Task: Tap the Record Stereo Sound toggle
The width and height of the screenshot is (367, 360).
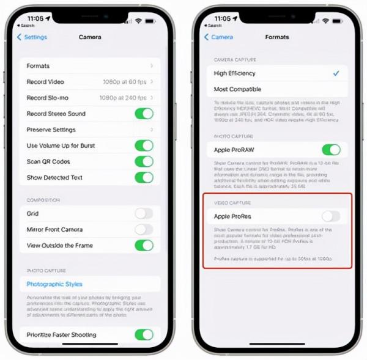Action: point(144,114)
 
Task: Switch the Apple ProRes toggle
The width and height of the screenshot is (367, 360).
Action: point(331,216)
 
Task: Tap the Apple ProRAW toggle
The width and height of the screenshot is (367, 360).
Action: point(331,150)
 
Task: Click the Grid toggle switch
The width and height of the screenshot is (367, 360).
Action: point(144,213)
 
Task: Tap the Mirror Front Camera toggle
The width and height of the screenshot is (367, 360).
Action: point(144,229)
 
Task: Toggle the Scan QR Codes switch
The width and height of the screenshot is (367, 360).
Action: point(144,161)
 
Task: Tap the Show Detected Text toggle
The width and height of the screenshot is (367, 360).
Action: point(144,178)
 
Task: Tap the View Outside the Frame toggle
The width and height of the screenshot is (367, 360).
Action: point(144,245)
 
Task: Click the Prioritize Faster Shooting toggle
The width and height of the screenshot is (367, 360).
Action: point(144,334)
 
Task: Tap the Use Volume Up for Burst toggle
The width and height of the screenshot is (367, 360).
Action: point(144,145)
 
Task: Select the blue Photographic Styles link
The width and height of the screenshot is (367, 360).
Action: point(54,284)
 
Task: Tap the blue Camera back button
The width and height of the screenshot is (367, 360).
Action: point(218,37)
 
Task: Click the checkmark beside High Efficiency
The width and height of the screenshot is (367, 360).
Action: point(336,73)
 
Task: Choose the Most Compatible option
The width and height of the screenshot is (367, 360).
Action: point(238,89)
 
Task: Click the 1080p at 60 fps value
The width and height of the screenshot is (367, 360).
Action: point(124,82)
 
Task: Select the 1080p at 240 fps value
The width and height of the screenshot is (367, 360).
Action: point(123,98)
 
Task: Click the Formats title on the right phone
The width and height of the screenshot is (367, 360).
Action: point(277,37)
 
